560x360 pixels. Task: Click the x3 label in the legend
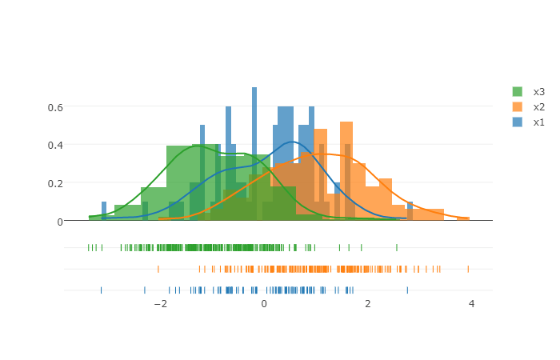click(x=538, y=92)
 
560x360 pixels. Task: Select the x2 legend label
click(x=538, y=107)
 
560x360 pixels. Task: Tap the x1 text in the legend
click(x=538, y=122)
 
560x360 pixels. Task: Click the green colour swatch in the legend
click(x=518, y=92)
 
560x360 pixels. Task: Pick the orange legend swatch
click(x=518, y=107)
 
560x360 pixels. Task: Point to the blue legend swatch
click(x=518, y=122)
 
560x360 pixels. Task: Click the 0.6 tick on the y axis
click(x=56, y=106)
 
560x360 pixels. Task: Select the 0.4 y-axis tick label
click(x=56, y=145)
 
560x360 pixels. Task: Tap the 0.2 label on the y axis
click(x=56, y=182)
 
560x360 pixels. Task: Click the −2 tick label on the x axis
click(x=159, y=304)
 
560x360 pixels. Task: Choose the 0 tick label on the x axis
click(x=264, y=304)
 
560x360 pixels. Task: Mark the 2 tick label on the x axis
click(x=368, y=304)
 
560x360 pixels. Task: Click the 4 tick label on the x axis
click(x=471, y=304)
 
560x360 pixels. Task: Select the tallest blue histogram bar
click(x=254, y=152)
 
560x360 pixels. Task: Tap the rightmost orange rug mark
click(x=468, y=269)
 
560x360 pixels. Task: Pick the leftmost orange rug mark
click(x=158, y=269)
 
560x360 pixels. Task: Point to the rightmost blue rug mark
click(x=407, y=290)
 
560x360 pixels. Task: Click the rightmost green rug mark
click(x=396, y=247)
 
